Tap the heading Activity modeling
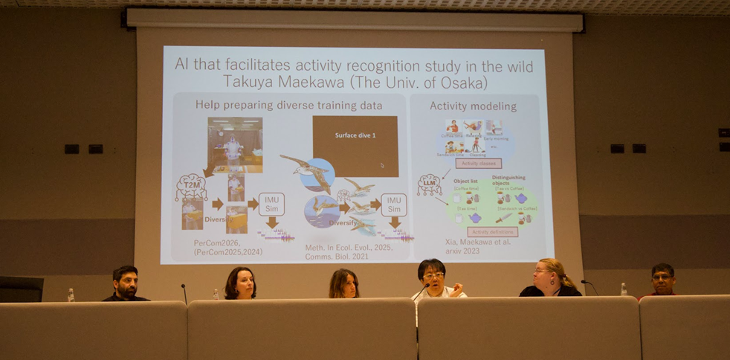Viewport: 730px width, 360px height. tap(473, 106)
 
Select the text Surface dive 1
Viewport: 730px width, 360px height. tap(355, 135)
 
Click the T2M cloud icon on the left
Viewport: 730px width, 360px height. tap(191, 186)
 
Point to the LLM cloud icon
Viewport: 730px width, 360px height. tap(429, 184)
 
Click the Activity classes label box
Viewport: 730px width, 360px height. tap(479, 164)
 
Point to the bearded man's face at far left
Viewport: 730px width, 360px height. tap(126, 282)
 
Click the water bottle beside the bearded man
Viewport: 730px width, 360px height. tap(71, 295)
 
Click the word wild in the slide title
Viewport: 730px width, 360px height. tap(517, 66)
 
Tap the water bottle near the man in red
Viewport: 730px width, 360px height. tap(623, 289)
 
